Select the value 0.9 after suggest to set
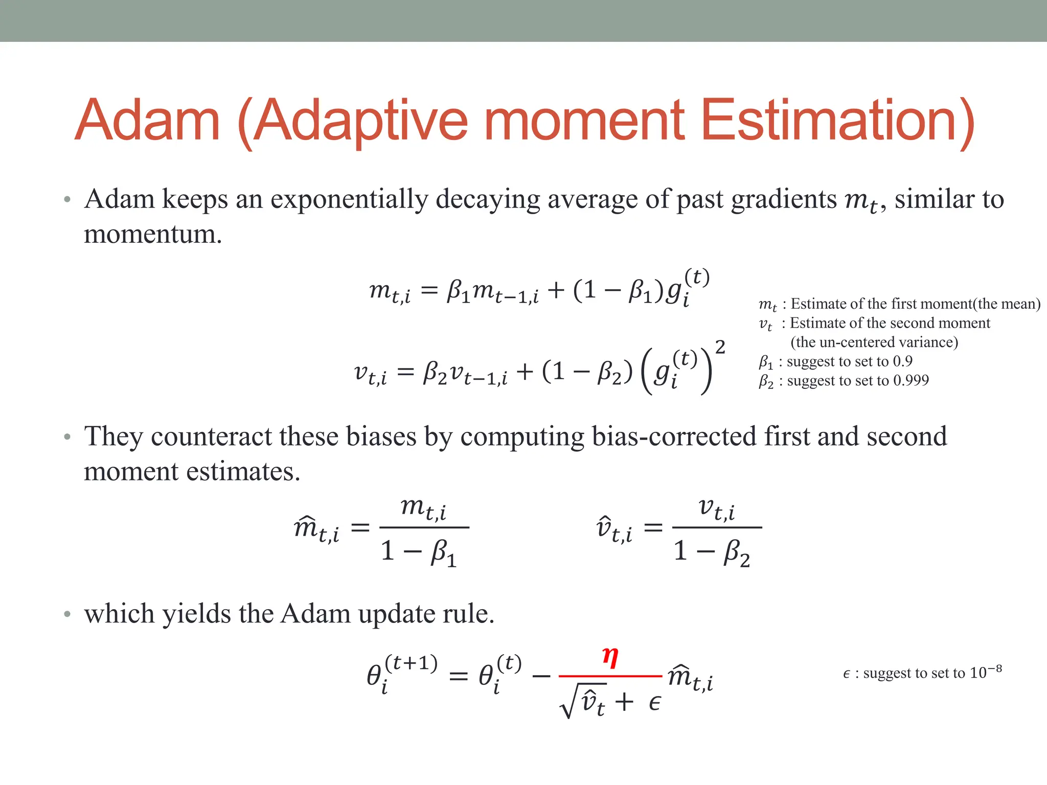[x=902, y=361]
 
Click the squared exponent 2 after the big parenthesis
[x=720, y=348]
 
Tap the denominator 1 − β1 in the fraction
[x=418, y=552]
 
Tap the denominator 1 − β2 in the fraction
[x=712, y=552]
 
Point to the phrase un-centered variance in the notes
[x=874, y=342]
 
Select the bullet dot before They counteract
[x=67, y=437]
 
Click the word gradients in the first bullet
[x=784, y=199]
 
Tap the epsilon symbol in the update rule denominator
[x=654, y=703]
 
